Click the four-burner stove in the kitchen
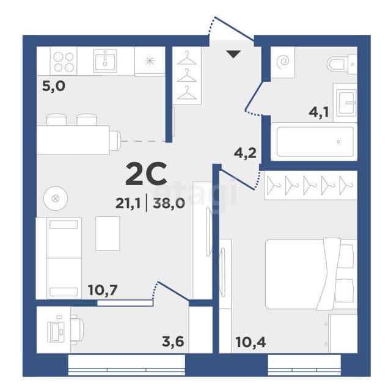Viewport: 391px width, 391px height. click(x=64, y=61)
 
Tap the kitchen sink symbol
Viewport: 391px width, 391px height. click(x=105, y=60)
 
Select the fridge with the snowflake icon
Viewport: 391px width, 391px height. click(x=150, y=61)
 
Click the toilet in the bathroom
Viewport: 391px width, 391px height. click(x=342, y=64)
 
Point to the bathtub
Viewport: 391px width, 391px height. click(x=314, y=142)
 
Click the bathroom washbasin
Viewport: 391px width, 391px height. click(x=345, y=102)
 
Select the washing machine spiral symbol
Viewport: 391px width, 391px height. click(x=283, y=61)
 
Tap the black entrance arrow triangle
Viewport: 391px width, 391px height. click(x=233, y=54)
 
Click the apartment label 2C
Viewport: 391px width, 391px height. click(x=147, y=174)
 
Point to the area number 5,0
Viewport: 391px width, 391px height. click(x=54, y=86)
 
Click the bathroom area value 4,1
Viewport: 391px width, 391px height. click(x=319, y=112)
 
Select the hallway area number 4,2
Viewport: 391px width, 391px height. click(x=245, y=153)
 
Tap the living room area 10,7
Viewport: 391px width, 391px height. click(x=103, y=290)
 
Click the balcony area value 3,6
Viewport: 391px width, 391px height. click(x=173, y=342)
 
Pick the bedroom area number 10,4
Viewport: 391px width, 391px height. click(x=250, y=342)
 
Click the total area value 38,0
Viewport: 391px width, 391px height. click(x=169, y=203)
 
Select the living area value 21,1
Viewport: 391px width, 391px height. click(x=128, y=203)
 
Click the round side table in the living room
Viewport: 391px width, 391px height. click(x=56, y=199)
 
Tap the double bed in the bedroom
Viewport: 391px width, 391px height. click(x=311, y=274)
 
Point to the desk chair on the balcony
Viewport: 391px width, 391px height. click(x=77, y=330)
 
